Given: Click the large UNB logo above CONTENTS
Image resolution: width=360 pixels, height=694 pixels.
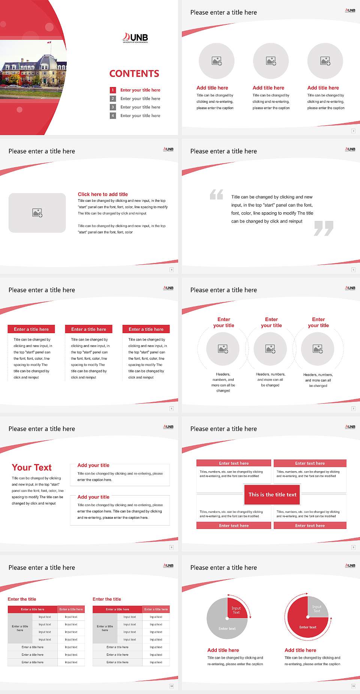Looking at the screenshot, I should click(x=135, y=38).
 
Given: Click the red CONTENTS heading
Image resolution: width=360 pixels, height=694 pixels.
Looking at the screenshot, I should click(x=134, y=74).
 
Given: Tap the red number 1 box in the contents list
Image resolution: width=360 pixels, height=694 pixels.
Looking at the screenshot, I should click(x=112, y=90).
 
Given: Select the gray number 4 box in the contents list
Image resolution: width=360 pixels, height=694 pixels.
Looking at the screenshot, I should click(x=112, y=116).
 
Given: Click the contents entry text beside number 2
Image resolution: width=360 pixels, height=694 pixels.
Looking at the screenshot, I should click(x=140, y=99).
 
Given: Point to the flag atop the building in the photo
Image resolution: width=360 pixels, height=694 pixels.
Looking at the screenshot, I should click(x=49, y=42).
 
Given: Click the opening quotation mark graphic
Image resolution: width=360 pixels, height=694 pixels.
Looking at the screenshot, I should click(x=216, y=194).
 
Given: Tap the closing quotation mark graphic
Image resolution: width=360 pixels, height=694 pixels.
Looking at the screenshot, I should click(x=324, y=228).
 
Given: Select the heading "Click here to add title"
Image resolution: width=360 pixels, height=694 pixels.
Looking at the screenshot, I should click(x=103, y=194).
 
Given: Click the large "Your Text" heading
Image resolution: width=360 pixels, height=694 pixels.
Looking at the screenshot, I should click(x=32, y=467).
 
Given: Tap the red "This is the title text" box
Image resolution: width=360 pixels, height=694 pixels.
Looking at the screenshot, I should click(x=272, y=494).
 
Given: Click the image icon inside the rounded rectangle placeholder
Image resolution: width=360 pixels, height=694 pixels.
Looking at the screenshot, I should click(x=37, y=213).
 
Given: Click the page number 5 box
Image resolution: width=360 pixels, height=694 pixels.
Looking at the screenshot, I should click(x=353, y=270).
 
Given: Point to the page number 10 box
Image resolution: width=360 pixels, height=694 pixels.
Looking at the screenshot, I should click(x=171, y=686).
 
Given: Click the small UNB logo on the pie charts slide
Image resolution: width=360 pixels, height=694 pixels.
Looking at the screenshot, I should click(x=350, y=566).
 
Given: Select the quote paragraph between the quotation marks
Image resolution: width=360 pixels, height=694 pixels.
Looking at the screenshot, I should click(x=272, y=209).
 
